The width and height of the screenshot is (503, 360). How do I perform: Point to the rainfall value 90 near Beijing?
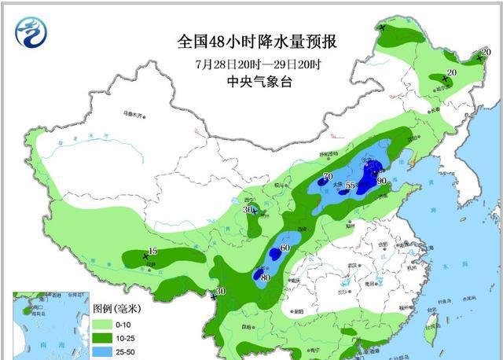381,181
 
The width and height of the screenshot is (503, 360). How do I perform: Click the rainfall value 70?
327,176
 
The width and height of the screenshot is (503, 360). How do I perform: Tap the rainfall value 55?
351,186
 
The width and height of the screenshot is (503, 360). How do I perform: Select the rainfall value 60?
285,248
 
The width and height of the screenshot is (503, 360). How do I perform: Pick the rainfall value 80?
265,277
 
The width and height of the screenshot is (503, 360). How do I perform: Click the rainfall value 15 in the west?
153,251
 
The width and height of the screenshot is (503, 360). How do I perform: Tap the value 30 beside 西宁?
248,210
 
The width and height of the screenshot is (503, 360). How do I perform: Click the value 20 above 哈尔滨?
451,73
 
